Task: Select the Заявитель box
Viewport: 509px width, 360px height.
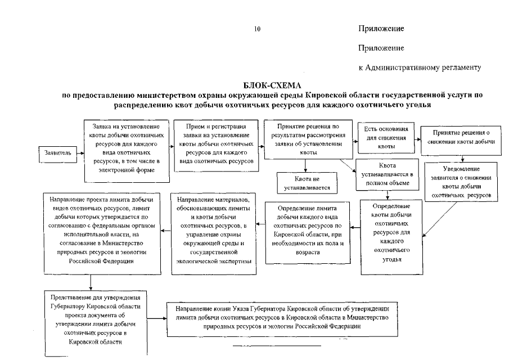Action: point(55,151)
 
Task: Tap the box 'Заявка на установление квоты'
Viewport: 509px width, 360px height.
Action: point(128,151)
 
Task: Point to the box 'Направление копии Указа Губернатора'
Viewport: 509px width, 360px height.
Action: point(281,319)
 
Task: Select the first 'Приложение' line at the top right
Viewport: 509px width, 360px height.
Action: point(381,28)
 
